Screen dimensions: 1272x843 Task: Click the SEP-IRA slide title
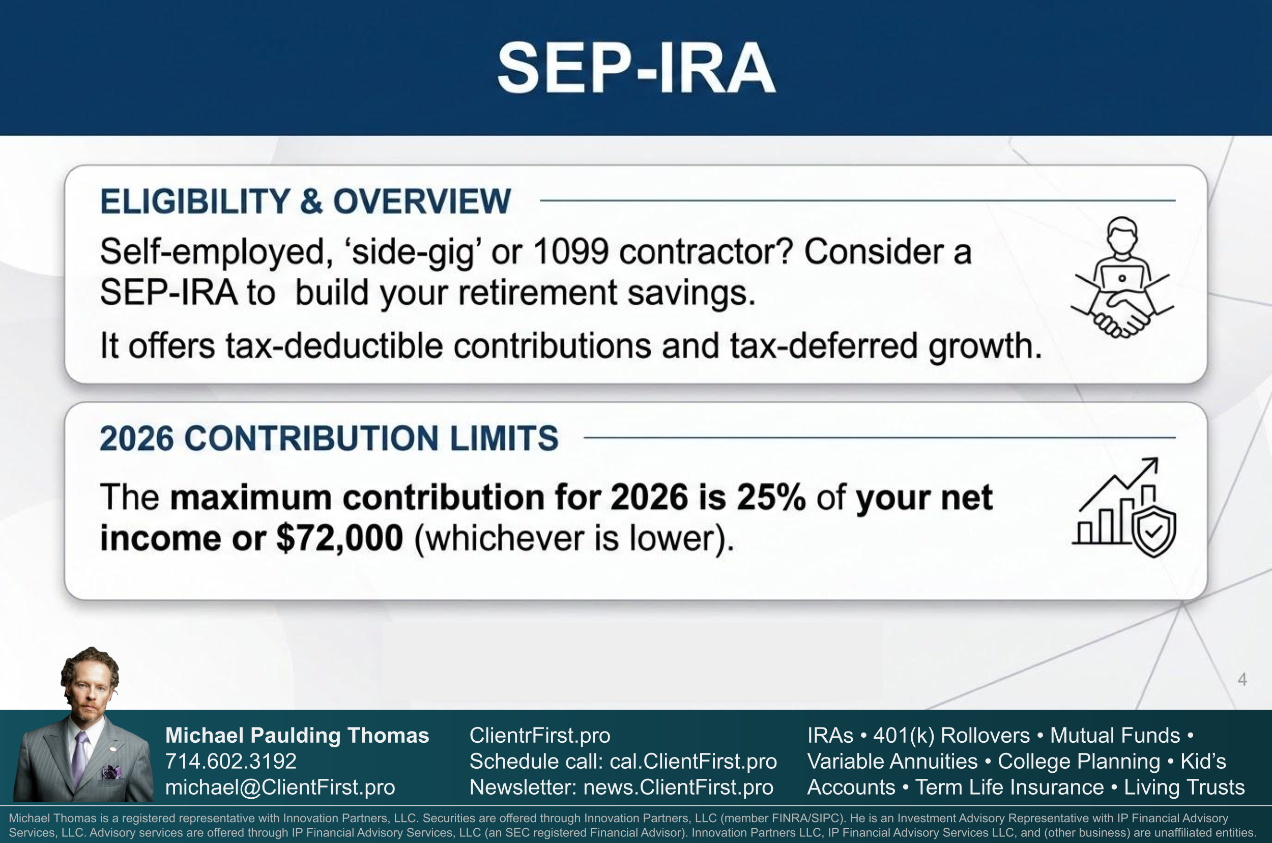[x=636, y=68]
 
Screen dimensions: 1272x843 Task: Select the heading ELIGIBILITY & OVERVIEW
[x=305, y=201]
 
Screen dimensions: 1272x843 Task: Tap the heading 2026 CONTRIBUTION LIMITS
[x=329, y=438]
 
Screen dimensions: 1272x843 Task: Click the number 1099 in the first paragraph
[x=571, y=251]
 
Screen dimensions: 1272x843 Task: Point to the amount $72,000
[x=340, y=538]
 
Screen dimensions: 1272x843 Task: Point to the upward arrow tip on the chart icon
[x=1157, y=459]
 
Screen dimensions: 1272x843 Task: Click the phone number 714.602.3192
[x=230, y=761]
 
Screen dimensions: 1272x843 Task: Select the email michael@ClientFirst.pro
[x=280, y=787]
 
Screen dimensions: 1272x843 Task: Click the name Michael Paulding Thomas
[x=297, y=735]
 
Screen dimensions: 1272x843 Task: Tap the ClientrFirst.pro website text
[x=540, y=735]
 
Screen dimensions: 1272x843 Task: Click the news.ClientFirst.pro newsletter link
[x=678, y=787]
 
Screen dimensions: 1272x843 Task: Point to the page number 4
[x=1242, y=679]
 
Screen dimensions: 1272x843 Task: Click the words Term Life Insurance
[x=1009, y=787]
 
